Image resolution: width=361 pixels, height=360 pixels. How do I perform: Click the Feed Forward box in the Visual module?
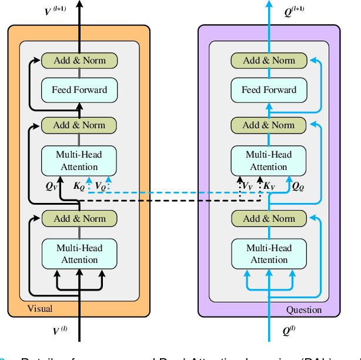point(79,90)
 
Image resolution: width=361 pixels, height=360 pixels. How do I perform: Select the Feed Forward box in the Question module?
point(269,90)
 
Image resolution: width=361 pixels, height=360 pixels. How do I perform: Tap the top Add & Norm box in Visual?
point(79,61)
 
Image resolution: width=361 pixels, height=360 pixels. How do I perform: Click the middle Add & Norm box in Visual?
point(79,125)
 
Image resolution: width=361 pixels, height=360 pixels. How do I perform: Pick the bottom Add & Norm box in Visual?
point(79,218)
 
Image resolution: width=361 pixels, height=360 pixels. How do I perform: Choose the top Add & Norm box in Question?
point(269,61)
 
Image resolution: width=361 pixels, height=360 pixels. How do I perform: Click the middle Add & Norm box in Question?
point(269,125)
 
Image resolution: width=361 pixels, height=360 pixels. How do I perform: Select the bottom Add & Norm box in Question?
point(269,218)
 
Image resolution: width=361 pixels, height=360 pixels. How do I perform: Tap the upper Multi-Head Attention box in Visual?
point(79,161)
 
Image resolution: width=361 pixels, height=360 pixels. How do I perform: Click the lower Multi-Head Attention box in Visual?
point(79,254)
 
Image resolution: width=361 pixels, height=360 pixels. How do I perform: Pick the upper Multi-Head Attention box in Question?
point(269,161)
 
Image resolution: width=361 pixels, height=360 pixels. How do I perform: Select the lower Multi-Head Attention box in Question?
point(269,254)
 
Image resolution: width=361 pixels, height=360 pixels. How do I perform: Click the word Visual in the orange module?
point(40,309)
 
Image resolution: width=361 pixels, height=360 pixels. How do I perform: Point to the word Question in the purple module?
point(304,309)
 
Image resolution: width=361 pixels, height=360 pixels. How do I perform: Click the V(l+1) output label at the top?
point(55,10)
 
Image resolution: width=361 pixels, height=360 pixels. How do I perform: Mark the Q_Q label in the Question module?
point(299,186)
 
